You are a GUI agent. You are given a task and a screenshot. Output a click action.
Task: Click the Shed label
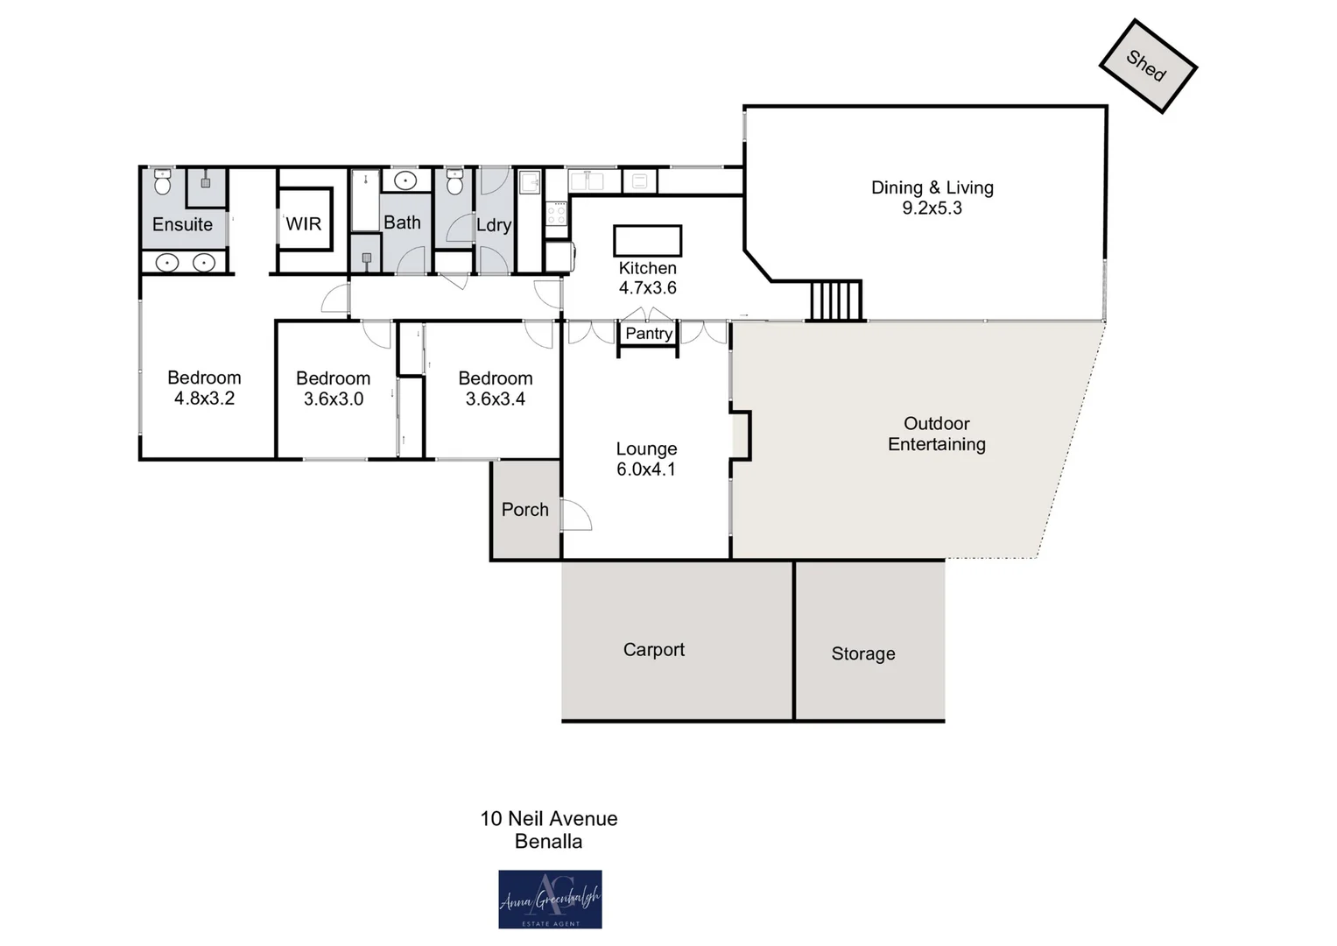coord(1146,66)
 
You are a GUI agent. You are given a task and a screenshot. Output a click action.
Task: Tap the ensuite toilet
coord(162,183)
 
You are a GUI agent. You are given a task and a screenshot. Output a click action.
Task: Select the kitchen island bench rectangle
coord(647,240)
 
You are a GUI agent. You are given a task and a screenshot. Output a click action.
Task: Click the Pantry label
coord(648,333)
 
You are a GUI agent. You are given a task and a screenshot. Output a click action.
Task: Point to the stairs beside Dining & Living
coord(835,300)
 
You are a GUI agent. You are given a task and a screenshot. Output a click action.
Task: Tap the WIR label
coord(304,223)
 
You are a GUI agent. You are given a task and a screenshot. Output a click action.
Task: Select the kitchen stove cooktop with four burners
coord(557,213)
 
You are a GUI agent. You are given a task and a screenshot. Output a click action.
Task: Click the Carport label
coord(653,649)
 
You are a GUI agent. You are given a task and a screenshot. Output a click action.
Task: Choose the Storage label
coord(862,653)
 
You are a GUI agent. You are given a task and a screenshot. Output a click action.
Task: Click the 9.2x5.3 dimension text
coord(932,208)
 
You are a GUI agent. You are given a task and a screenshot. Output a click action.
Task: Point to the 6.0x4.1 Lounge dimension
coord(646,469)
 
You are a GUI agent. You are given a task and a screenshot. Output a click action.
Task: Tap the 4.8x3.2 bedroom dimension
coord(204,399)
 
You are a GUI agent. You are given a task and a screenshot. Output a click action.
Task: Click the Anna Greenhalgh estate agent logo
coord(550,899)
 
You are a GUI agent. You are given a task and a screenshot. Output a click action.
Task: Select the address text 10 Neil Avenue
coord(549,818)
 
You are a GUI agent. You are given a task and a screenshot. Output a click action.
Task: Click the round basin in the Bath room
coord(405,181)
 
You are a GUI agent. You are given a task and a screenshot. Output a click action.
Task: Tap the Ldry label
coord(494,225)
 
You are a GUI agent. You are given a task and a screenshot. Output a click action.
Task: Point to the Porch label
coord(524,510)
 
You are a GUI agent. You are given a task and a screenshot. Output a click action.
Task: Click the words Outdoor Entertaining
coord(936,434)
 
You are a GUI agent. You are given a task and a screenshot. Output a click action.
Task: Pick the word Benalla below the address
coord(548,842)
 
